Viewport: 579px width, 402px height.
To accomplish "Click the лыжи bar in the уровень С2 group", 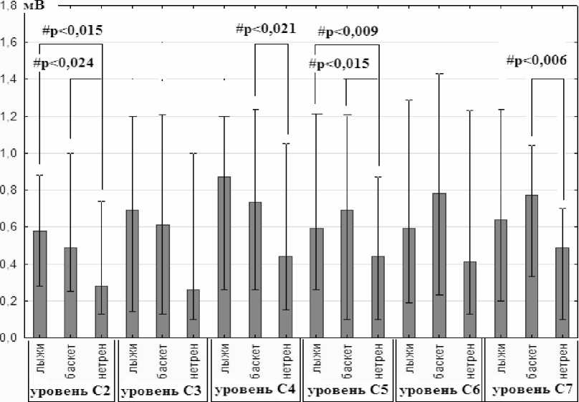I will click(39, 284).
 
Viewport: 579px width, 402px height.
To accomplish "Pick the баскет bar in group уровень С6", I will click(439, 265).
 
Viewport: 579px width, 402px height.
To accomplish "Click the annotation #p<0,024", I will click(64, 63).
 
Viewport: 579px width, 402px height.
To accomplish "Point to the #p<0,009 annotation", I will click(348, 31).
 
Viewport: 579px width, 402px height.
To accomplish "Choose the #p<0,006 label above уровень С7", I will click(536, 60).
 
